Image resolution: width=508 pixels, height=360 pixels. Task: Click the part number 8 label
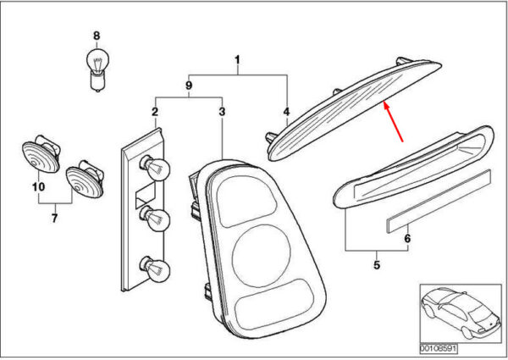(97, 36)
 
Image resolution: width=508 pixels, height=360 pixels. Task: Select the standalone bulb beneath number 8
(97, 69)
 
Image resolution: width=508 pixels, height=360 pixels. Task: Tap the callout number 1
(237, 60)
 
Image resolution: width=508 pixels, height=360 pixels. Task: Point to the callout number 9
(189, 86)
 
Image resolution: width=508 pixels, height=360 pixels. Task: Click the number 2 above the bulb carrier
(155, 112)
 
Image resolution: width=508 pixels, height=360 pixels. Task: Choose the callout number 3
(222, 112)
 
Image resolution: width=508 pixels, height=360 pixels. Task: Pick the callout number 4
(286, 112)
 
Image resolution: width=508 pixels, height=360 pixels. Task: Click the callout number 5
(377, 265)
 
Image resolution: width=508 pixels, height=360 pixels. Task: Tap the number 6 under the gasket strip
(407, 239)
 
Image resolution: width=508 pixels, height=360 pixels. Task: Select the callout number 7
(54, 218)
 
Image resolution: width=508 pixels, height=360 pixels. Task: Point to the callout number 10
(38, 187)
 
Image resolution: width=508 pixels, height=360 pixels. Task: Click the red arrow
(393, 121)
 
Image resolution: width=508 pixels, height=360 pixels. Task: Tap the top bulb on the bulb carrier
(155, 166)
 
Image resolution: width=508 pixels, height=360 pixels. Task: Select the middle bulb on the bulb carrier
(155, 219)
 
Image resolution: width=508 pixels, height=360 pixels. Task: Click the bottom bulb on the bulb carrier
(155, 268)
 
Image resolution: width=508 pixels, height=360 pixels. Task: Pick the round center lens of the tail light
(261, 256)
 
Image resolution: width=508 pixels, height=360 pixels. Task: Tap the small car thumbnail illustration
(461, 313)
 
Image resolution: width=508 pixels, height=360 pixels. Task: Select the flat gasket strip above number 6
(439, 201)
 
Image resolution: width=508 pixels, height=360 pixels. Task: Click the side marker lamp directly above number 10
(41, 155)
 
